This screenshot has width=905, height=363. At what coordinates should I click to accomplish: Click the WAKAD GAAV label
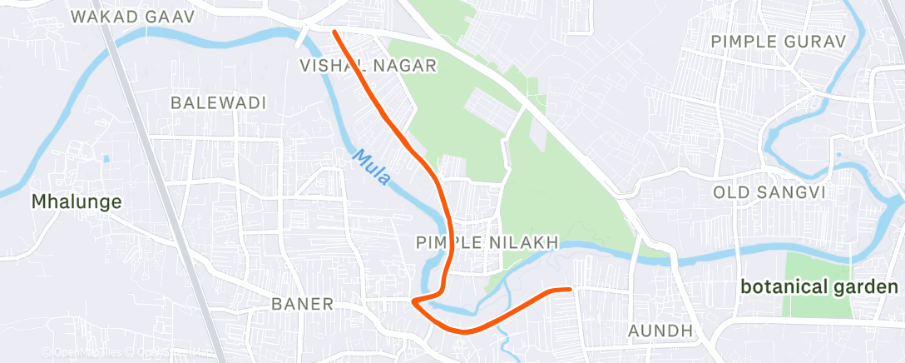tap(132, 17)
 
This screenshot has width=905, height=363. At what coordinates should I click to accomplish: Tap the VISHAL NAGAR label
tap(368, 66)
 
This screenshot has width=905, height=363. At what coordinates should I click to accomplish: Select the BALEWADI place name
tap(218, 103)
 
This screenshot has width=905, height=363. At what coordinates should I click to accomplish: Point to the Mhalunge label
tap(77, 201)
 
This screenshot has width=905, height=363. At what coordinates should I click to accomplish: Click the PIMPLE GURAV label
tap(779, 41)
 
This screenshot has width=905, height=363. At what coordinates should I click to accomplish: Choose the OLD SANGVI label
tap(769, 192)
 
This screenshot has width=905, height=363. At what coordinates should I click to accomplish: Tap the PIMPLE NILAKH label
tap(487, 242)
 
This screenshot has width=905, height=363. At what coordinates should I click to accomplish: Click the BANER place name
tap(303, 304)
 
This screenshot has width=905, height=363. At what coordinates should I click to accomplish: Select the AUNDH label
tap(660, 331)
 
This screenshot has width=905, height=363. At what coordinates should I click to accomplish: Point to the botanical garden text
tap(819, 287)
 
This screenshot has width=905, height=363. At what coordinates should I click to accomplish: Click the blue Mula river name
tap(370, 167)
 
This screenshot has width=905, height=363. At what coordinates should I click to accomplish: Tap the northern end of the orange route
tap(334, 32)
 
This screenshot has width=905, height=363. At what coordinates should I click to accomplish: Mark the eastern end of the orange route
tap(571, 289)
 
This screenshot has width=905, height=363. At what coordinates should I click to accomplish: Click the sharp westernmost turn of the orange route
tap(413, 301)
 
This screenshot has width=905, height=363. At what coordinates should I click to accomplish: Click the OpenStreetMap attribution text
tap(125, 353)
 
